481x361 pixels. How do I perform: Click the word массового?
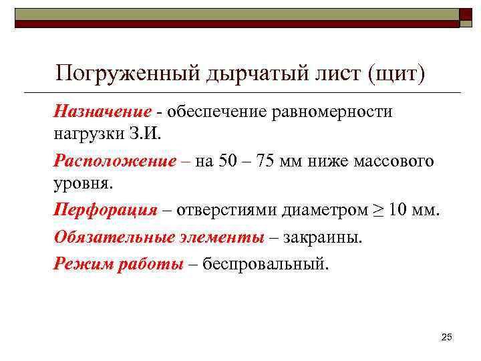coord(396,161)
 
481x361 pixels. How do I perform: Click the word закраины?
coord(321,237)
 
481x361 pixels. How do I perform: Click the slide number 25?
coord(447,335)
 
